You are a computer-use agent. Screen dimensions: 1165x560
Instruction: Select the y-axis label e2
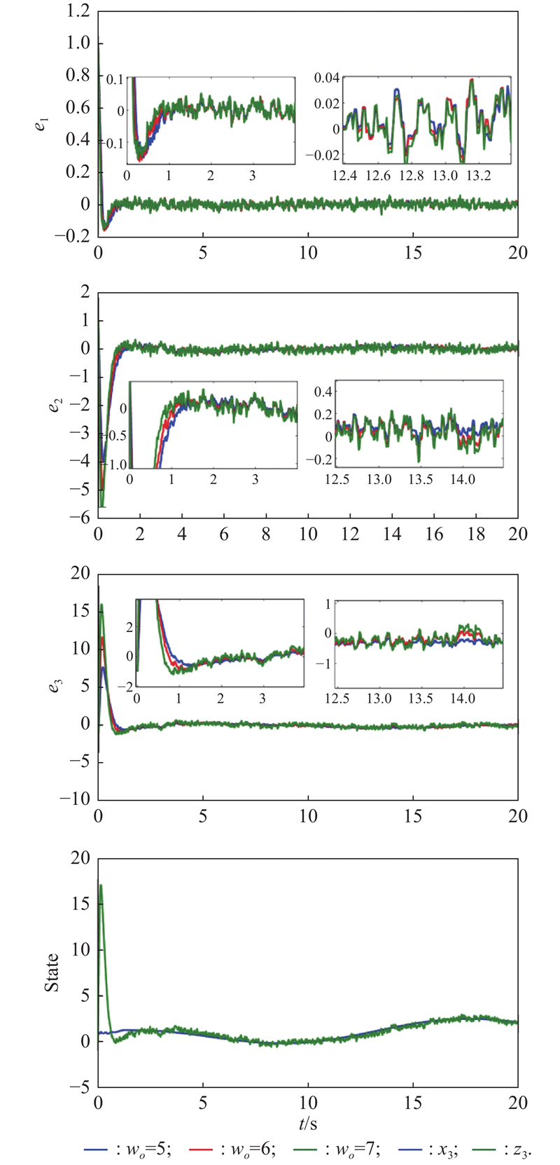tap(54, 405)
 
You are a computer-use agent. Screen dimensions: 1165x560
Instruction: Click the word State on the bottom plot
tap(52, 973)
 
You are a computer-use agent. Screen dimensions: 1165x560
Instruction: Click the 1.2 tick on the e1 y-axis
tap(79, 11)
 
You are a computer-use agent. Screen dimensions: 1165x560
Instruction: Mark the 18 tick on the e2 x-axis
tap(476, 534)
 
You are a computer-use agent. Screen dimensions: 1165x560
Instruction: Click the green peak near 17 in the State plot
tap(101, 885)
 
